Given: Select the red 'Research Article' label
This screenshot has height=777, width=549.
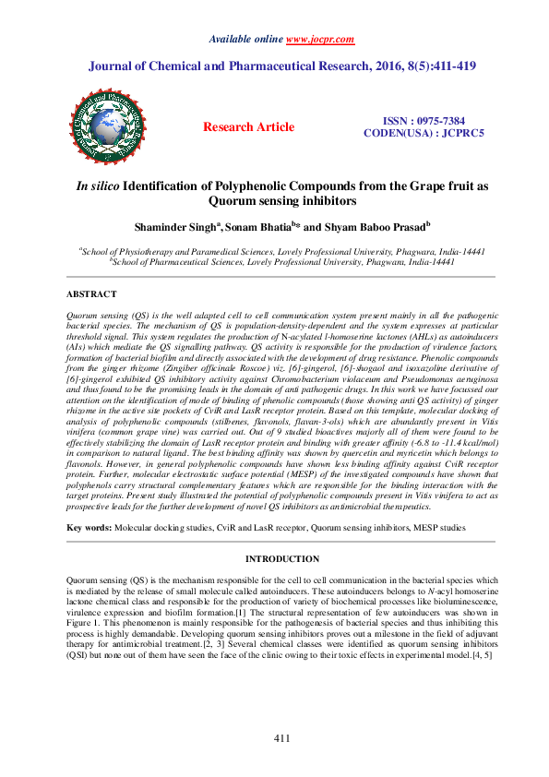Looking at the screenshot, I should click(x=249, y=127).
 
